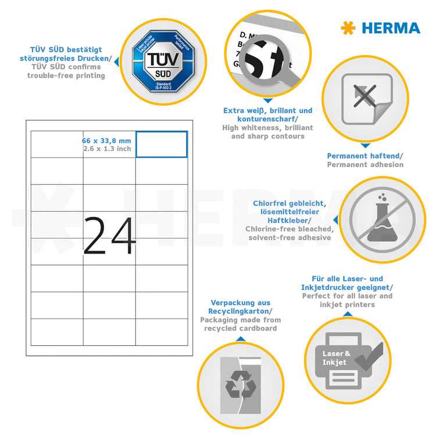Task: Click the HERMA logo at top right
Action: tap(380, 27)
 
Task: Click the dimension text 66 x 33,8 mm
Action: tap(106, 140)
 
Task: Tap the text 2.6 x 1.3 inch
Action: tap(106, 149)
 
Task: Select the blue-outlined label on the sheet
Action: tap(162, 144)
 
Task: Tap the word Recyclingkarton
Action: tap(240, 311)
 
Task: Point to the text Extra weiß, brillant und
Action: tap(267, 110)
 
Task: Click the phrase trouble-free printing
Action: tap(66, 76)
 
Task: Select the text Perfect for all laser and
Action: tap(347, 296)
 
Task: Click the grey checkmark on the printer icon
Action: tap(368, 355)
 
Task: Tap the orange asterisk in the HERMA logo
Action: tap(348, 27)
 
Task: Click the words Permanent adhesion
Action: tap(364, 165)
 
